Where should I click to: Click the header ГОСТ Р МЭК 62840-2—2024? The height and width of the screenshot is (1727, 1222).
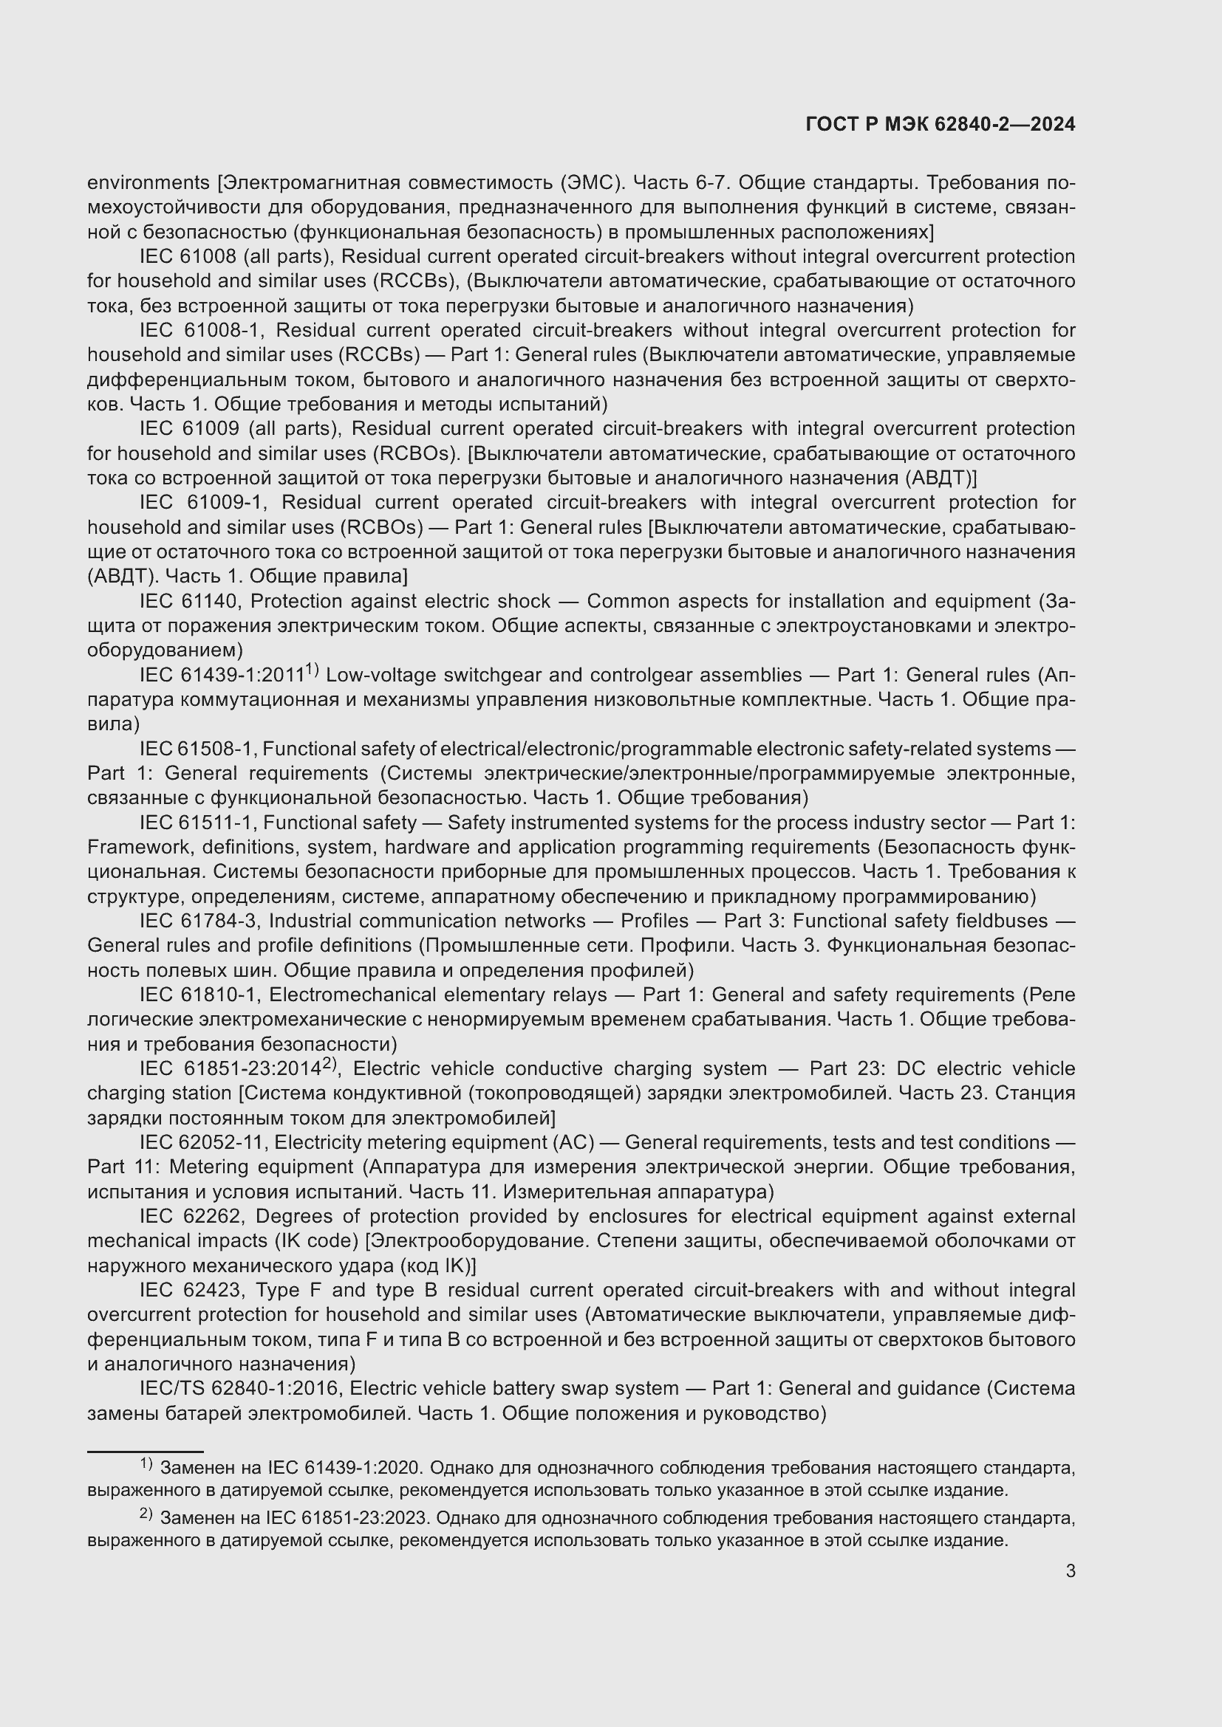pyautogui.click(x=940, y=125)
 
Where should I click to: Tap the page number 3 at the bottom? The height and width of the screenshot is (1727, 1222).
pyautogui.click(x=1070, y=1570)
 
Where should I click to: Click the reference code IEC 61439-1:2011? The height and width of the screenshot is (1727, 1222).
pyautogui.click(x=221, y=675)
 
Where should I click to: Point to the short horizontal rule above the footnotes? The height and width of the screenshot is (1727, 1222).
pyautogui.click(x=146, y=1452)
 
